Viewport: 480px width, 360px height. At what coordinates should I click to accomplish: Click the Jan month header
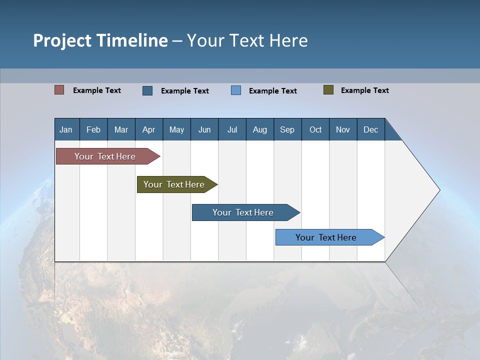pos(66,129)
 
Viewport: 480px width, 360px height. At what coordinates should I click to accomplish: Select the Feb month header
pos(93,129)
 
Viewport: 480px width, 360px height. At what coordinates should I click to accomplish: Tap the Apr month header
pos(148,129)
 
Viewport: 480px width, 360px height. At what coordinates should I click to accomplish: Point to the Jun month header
pos(204,129)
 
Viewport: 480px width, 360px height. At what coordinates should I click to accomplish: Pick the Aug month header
pos(259,129)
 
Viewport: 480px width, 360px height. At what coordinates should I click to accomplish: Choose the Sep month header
pos(287,129)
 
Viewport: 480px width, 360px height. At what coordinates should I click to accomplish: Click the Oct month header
pos(315,129)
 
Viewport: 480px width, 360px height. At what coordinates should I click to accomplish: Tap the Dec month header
pos(370,129)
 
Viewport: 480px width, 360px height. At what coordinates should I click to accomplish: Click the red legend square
pos(59,90)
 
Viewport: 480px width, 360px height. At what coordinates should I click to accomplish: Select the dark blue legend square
pos(147,90)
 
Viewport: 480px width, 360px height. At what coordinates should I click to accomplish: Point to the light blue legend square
pos(236,90)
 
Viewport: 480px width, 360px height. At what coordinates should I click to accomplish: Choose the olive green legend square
pos(328,90)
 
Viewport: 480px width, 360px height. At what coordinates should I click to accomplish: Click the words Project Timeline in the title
pos(100,40)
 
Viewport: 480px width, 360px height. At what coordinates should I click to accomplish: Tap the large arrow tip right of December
pos(420,190)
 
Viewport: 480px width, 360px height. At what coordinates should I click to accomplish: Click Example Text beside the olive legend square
pos(364,90)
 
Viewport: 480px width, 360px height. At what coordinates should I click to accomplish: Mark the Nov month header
pos(343,129)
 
